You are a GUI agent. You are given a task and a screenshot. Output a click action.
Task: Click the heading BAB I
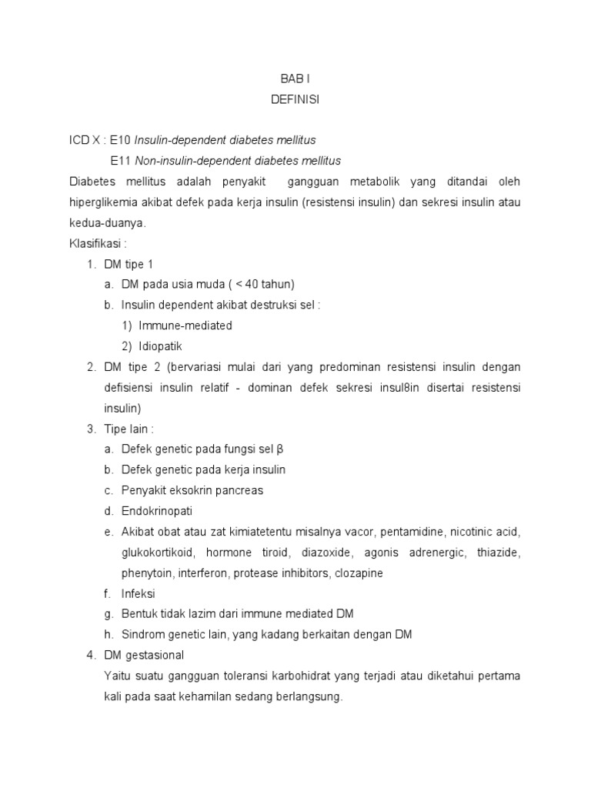coord(295,78)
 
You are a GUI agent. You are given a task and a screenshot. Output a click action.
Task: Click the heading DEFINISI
coord(295,99)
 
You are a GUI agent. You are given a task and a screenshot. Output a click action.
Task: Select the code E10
coord(121,141)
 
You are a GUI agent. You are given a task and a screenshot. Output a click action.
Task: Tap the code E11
coord(121,161)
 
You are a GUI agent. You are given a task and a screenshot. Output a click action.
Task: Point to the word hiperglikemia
coord(104,202)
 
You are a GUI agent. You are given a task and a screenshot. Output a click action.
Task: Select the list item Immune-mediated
coord(185,326)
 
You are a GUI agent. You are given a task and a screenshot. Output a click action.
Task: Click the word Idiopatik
coord(160,346)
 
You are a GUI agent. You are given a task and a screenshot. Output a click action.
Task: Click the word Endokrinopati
coord(157,511)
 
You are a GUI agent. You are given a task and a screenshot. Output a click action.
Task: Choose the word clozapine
coord(358,573)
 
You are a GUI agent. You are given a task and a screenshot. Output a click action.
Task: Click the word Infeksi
coord(139,594)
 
